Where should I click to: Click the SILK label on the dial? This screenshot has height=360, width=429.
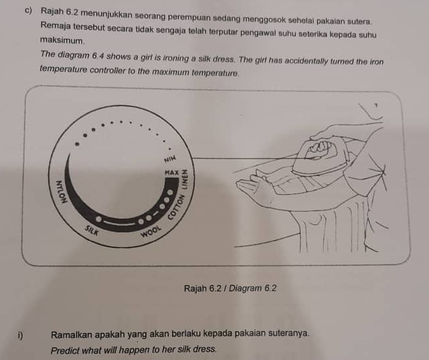91,230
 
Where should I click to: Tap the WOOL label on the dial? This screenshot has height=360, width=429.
151,232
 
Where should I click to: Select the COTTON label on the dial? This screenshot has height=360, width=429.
175,207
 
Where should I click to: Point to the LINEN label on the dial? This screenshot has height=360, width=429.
185,179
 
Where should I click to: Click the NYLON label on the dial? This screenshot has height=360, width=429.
61,192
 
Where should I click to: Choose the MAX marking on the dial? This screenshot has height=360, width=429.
171,173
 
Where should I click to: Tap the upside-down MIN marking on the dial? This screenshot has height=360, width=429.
169,159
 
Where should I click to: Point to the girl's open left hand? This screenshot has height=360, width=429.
252,183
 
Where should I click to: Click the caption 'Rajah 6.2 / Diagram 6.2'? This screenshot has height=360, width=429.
230,288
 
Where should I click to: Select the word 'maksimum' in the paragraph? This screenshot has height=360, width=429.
62,41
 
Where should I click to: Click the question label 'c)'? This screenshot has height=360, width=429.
28,11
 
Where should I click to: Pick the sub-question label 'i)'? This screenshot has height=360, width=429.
20,335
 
